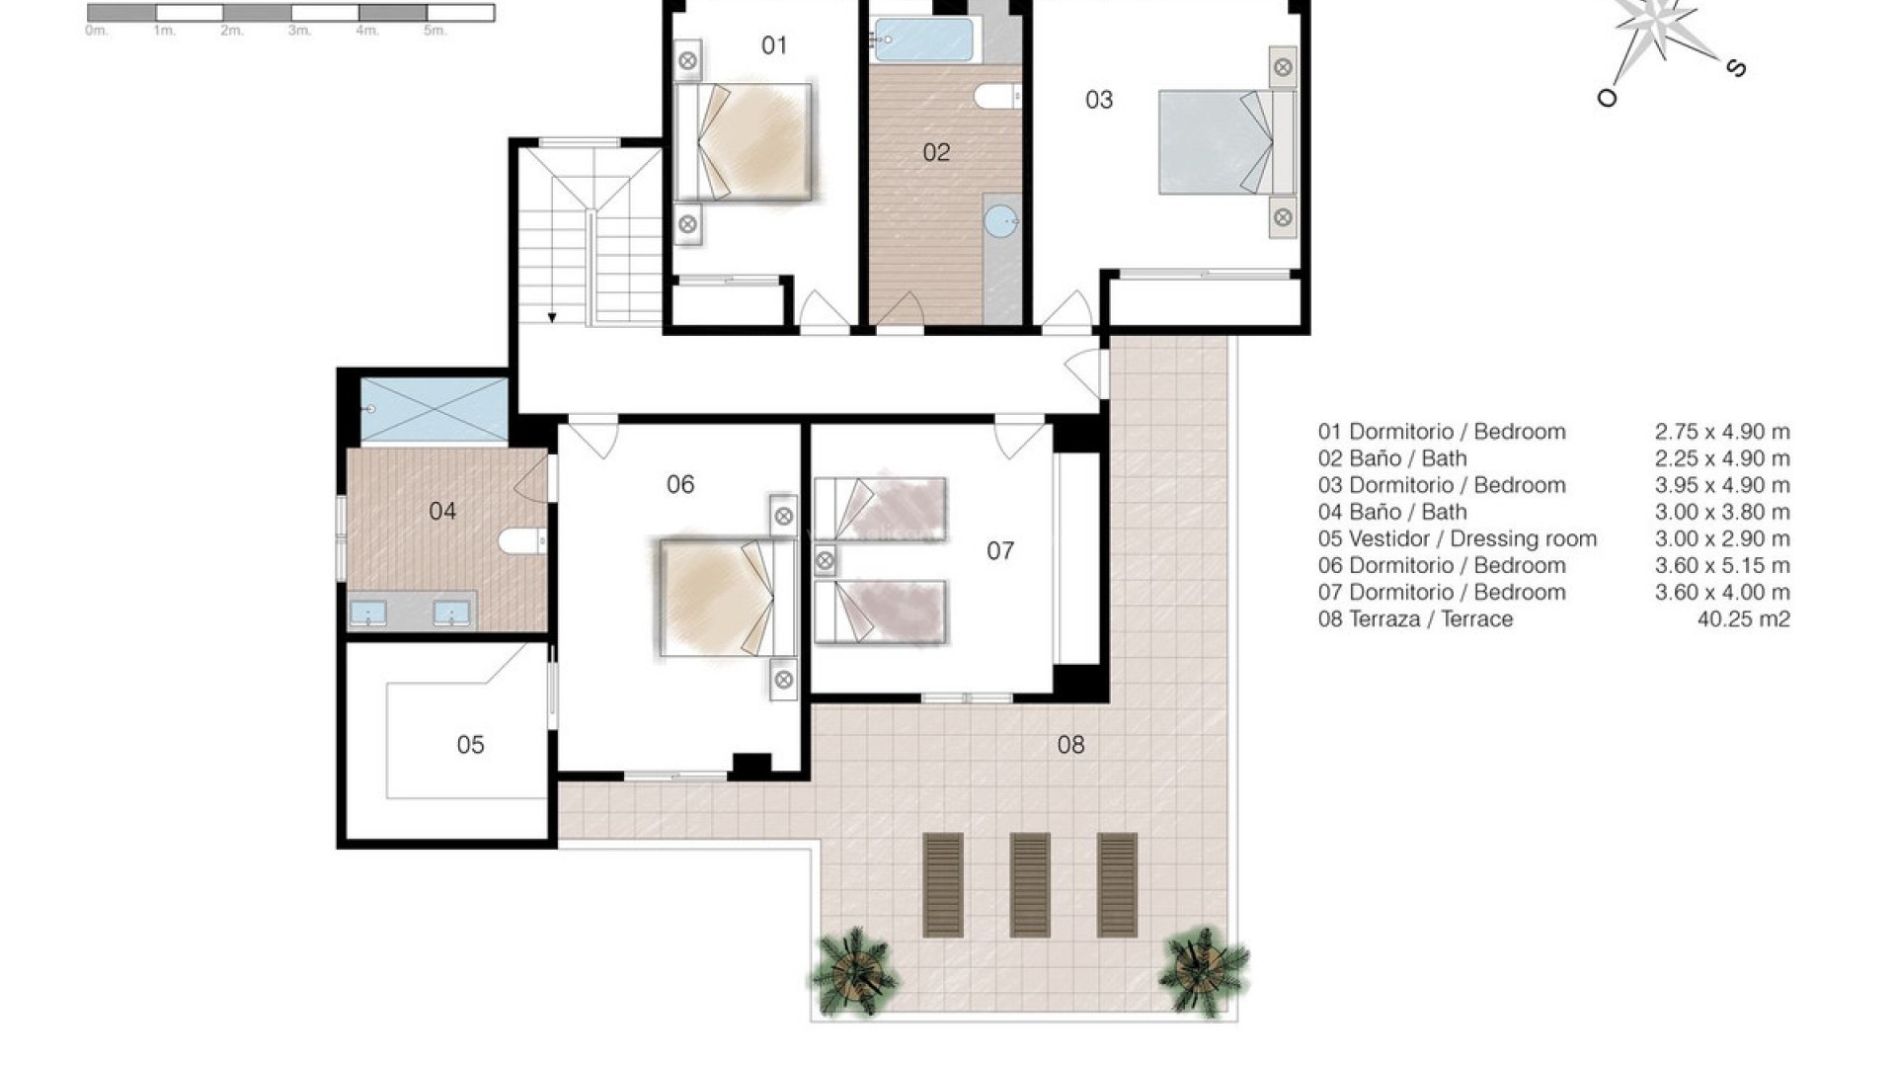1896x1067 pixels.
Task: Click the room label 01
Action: point(774,45)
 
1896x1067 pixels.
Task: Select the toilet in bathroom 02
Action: point(995,97)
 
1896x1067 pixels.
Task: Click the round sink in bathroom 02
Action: point(1002,221)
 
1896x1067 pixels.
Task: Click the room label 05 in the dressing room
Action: point(470,745)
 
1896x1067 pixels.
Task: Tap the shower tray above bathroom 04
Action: point(434,409)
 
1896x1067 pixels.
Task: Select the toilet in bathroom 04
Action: point(520,540)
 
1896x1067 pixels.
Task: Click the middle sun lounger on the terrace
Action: point(1030,885)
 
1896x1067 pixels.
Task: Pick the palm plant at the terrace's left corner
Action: point(852,971)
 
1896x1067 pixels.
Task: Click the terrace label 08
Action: point(1070,745)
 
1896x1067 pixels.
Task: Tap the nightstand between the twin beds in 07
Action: point(825,562)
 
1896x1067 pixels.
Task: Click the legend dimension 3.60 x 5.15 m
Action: point(1721,566)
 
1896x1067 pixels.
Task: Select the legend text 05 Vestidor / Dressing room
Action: point(1457,539)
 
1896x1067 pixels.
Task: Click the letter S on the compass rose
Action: point(1736,68)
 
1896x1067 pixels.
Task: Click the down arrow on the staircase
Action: point(552,317)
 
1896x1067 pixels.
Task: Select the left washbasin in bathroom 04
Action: point(368,613)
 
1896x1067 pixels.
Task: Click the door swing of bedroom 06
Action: point(596,439)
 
